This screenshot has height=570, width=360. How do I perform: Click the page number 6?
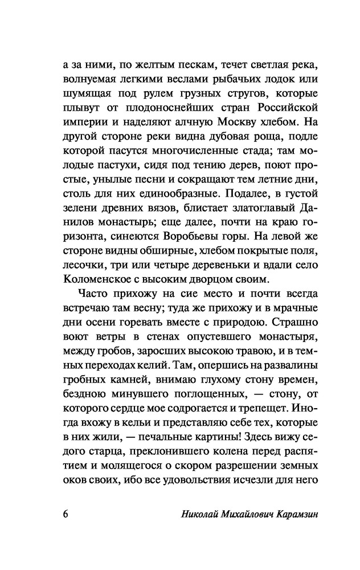click(66, 513)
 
